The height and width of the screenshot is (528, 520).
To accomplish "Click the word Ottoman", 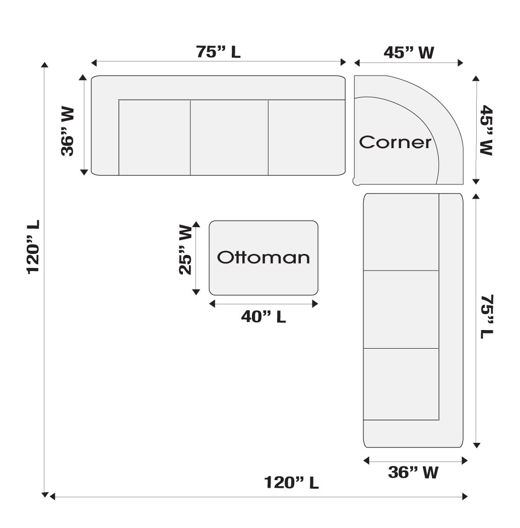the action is [x=264, y=257].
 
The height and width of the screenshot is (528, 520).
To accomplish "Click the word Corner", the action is [x=395, y=142].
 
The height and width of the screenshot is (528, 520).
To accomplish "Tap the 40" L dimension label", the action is [x=264, y=316].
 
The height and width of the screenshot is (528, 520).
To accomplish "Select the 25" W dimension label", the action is [x=185, y=249].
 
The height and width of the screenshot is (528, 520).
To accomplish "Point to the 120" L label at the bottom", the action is [x=291, y=482].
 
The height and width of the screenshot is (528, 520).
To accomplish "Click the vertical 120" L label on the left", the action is [x=33, y=247].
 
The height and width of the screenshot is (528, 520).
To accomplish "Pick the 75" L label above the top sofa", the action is [x=218, y=52].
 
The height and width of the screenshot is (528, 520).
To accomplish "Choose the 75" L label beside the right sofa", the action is [x=487, y=316].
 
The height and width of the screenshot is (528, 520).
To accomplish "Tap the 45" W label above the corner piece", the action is [x=409, y=53].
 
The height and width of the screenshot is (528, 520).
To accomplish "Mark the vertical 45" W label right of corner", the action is [x=487, y=130].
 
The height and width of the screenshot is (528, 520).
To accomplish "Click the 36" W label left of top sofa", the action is [x=68, y=131].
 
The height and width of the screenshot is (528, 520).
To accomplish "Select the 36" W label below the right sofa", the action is [x=413, y=473].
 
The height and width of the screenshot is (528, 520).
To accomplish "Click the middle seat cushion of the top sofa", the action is [x=229, y=138].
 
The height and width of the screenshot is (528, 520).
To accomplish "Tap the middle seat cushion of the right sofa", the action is [x=401, y=309].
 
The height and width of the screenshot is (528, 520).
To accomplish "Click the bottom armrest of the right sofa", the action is [x=413, y=434].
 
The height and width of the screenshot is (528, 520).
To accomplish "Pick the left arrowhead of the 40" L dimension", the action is [x=212, y=304].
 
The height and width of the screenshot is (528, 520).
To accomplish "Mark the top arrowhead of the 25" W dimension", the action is [x=196, y=224].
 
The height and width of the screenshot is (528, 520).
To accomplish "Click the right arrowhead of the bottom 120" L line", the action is [x=465, y=496].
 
